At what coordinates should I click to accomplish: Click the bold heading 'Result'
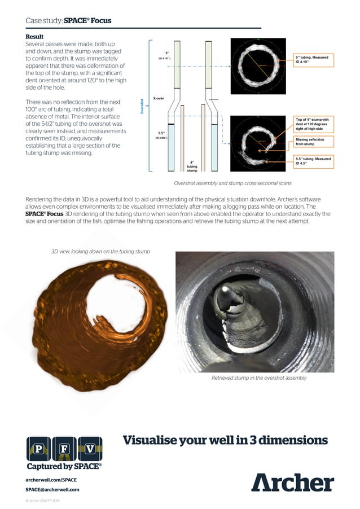pyautogui.click(x=35, y=37)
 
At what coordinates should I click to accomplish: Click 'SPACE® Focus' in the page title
pyautogui.click(x=87, y=21)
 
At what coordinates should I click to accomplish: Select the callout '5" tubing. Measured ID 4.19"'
pyautogui.click(x=314, y=60)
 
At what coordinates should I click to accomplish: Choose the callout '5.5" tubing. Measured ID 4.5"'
pyautogui.click(x=314, y=162)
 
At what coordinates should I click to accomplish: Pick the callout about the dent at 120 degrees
pyautogui.click(x=314, y=124)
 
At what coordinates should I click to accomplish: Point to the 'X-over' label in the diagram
pyautogui.click(x=159, y=98)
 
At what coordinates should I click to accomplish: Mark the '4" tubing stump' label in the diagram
pyautogui.click(x=192, y=166)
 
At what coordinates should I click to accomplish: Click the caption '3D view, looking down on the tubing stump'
pyautogui.click(x=100, y=251)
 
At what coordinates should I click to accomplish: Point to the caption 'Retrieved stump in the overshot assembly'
pyautogui.click(x=259, y=378)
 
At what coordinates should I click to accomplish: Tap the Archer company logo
pyautogui.click(x=292, y=482)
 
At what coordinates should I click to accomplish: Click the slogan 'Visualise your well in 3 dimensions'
pyautogui.click(x=225, y=440)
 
